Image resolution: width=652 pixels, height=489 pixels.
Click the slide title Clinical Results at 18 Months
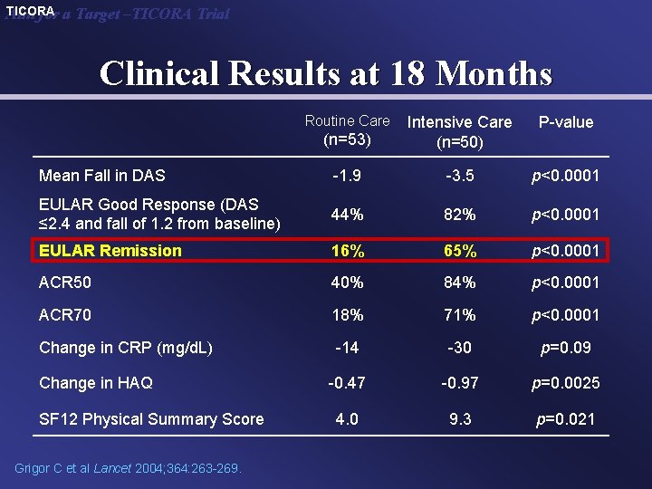(x=325, y=72)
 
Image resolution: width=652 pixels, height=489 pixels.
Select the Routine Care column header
(x=347, y=129)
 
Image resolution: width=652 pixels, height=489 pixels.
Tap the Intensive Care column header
(x=459, y=131)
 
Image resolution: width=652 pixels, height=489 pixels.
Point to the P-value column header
(x=565, y=122)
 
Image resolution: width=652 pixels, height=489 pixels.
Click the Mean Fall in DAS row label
(x=101, y=176)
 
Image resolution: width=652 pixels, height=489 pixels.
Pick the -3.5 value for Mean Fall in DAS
(x=459, y=176)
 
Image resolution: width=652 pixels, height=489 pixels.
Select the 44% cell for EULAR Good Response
(x=347, y=215)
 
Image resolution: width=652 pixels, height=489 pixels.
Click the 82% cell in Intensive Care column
(x=459, y=215)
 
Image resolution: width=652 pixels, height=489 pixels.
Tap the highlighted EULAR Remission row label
(x=110, y=251)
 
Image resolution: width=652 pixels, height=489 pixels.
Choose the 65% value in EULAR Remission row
(x=459, y=251)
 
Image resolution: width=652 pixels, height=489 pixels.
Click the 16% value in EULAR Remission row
(x=347, y=251)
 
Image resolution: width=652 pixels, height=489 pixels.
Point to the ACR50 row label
(x=65, y=283)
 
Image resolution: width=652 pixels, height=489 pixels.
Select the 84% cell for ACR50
(x=459, y=283)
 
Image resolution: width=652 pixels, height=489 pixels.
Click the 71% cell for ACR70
(x=459, y=314)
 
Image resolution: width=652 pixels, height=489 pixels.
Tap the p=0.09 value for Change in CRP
(x=565, y=348)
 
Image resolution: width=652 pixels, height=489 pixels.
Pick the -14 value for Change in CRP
(x=347, y=348)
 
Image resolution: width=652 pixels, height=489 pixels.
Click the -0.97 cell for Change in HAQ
(x=459, y=383)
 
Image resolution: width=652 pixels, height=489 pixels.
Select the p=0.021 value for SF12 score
(x=565, y=419)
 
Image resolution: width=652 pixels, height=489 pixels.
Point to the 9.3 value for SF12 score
(x=459, y=419)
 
